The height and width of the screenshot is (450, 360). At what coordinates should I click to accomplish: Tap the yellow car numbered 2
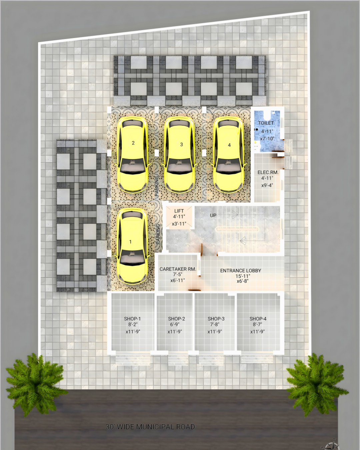133,155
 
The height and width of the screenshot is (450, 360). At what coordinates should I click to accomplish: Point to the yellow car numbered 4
228,155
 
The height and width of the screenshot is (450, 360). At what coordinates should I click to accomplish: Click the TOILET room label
266,123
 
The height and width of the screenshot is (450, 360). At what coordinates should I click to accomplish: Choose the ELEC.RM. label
268,172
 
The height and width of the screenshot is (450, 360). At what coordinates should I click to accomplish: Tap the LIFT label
179,211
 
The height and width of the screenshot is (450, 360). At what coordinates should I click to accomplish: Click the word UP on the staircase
213,215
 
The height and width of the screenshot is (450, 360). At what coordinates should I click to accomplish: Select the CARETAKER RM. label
178,269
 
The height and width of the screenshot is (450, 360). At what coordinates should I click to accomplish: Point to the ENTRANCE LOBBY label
241,271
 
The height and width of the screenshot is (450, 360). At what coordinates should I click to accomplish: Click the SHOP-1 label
132,319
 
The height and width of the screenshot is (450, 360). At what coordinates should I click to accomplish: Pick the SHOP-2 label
177,319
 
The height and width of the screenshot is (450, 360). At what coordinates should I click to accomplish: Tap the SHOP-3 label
216,319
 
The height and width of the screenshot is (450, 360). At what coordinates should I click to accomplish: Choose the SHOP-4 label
258,319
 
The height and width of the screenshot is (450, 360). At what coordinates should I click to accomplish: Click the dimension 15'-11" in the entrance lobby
243,276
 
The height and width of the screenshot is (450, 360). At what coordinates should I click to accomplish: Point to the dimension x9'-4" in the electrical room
267,185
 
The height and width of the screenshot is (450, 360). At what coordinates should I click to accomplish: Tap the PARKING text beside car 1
158,234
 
